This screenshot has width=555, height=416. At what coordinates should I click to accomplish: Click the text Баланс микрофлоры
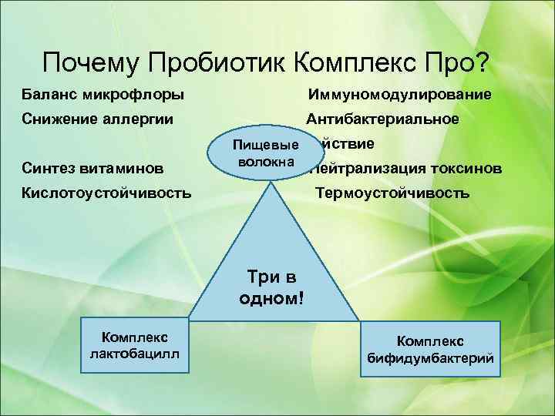[103, 95]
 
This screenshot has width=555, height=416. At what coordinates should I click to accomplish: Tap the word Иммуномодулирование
[399, 95]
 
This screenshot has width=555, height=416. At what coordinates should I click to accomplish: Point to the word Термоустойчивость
[392, 192]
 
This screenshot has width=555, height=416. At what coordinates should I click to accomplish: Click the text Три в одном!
[272, 287]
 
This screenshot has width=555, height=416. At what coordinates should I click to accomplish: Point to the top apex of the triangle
[274, 185]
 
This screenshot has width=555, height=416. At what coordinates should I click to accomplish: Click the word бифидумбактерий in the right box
[429, 358]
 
